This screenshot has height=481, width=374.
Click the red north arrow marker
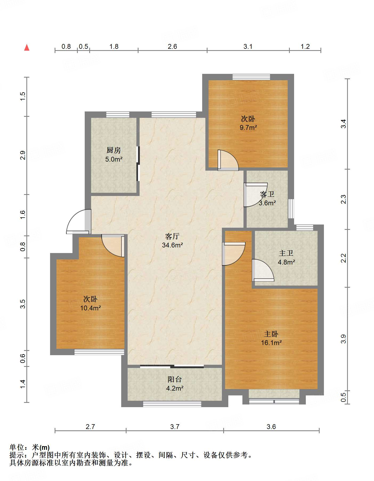coord(27,47)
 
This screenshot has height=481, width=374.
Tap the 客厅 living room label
coord(172,236)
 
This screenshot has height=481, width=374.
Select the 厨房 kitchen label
coord(114,150)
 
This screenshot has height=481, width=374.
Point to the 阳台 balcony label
coord(175,379)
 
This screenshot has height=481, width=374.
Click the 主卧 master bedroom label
coord(271,334)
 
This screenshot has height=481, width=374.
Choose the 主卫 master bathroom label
coord(286,253)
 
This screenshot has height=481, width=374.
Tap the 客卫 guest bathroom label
coord(267,194)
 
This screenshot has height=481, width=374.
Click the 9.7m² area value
coord(248,127)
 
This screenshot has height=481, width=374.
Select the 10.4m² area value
coord(91,308)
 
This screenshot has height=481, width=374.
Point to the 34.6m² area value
coord(172,245)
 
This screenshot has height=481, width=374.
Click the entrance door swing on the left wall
coord(78,222)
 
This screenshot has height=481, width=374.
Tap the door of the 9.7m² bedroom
coord(228,160)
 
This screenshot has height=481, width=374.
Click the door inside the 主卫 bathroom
coord(263,270)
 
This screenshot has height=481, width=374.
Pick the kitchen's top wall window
coord(118,115)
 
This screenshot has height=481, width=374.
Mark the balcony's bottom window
coord(172,404)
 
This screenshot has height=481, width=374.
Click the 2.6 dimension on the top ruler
coord(172,46)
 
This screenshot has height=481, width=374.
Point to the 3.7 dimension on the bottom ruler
coord(175,427)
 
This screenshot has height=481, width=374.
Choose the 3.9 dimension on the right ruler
coord(343,339)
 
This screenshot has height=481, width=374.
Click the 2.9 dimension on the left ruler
coord(23,155)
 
